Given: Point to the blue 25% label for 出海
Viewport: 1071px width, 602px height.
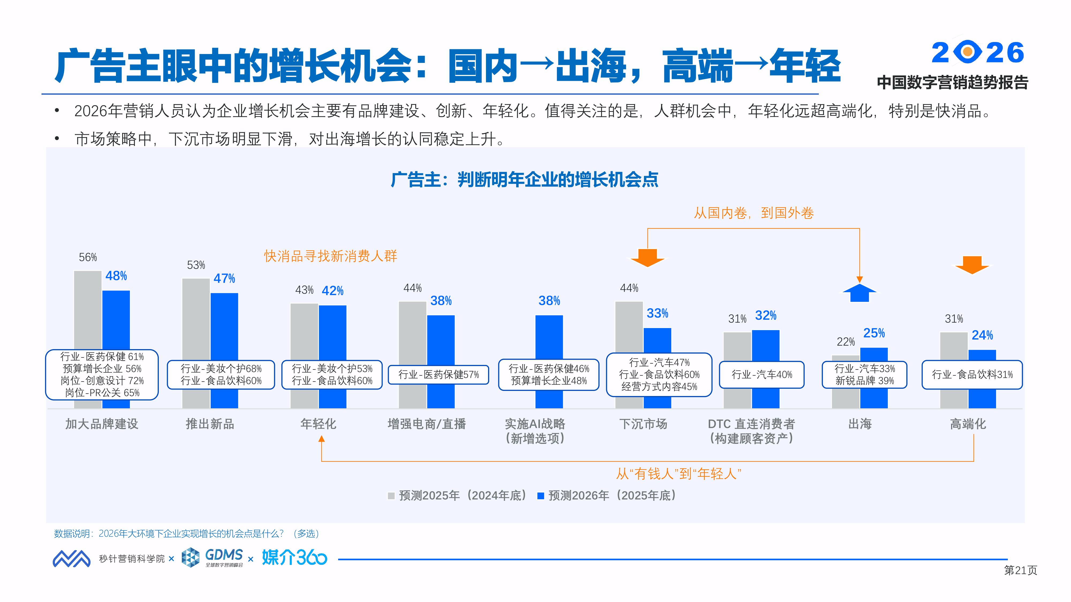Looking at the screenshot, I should (874, 333).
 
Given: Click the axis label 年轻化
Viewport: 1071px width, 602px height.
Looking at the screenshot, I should (318, 424).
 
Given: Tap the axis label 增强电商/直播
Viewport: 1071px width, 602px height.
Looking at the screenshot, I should (427, 424).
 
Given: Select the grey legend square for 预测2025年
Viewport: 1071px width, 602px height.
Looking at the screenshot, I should (391, 496).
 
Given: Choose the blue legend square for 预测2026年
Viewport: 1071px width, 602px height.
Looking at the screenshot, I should (541, 496).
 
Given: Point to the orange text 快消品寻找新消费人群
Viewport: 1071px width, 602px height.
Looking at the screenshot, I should (330, 256).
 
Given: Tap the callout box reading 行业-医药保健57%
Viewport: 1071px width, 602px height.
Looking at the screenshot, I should (438, 375).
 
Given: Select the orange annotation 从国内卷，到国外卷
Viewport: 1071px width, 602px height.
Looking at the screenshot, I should (753, 213).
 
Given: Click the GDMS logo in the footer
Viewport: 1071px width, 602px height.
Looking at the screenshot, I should (213, 558).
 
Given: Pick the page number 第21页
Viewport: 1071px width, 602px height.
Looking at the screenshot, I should (1020, 570).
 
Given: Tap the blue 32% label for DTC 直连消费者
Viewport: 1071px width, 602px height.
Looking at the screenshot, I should (765, 316).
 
